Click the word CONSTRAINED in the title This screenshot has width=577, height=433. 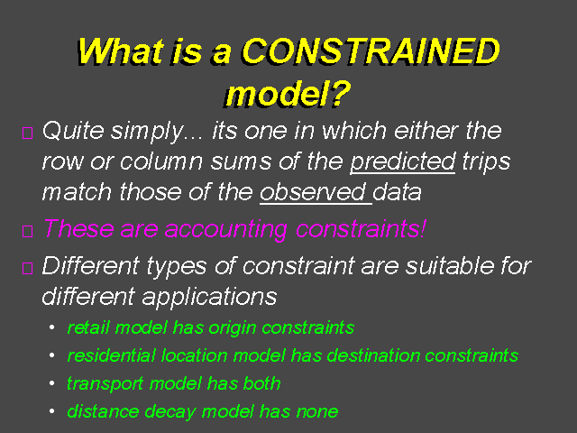tap(371, 51)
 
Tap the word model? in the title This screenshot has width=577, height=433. tap(288, 94)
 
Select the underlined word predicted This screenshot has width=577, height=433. tap(403, 162)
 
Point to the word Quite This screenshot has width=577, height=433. tap(73, 130)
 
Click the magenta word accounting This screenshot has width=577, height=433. tap(225, 229)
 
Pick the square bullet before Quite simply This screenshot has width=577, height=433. tap(28, 133)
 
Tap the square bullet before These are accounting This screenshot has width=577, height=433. tap(28, 231)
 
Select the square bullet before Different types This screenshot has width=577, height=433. tap(28, 268)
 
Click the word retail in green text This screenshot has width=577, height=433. tap(88, 327)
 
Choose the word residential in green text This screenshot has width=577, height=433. tap(112, 355)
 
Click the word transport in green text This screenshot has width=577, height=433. tap(105, 384)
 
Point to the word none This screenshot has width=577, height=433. tap(317, 412)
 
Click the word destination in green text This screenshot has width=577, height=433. tap(373, 355)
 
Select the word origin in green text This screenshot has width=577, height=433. tap(233, 328)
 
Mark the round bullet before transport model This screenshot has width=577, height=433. tap(52, 383)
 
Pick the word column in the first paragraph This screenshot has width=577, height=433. tap(161, 162)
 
